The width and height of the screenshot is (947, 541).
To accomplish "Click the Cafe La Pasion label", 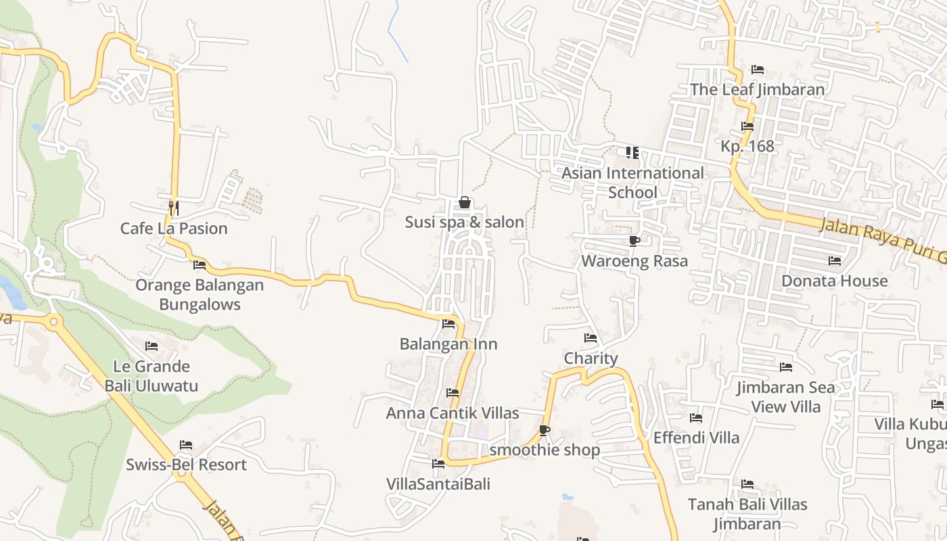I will pos(174,229).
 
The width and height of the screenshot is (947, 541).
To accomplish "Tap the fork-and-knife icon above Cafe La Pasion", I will pos(174,208).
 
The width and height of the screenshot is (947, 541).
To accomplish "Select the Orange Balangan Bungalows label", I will pos(200,294).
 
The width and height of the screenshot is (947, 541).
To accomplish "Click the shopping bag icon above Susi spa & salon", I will pos(465,202).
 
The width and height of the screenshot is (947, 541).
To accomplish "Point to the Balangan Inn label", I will pos(448,344).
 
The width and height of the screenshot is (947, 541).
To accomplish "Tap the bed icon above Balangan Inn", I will pos(448,324).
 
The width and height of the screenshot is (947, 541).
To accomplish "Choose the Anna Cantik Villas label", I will pos(453,413).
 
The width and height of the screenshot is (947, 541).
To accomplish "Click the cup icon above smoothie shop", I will pos(545,430).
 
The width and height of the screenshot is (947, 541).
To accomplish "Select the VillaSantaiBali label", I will pos(438,484).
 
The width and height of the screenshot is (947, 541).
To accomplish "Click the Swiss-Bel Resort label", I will pos(186,465).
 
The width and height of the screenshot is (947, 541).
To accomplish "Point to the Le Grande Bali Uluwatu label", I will pos(152,376).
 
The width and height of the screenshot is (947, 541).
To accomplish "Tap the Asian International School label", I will pos(632,183).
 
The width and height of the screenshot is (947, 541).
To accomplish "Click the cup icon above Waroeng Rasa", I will pos(634,241).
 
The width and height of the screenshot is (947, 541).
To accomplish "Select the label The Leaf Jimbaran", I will pos(757,90).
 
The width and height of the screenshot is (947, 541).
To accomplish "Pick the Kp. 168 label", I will pos(747,146).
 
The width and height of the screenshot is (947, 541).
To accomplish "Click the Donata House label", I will pos(835,281).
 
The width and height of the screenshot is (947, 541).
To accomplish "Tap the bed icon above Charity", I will pos(591,338).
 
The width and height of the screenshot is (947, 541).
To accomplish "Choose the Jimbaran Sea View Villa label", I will pos(786,397).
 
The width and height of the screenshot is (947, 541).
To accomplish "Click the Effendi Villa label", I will pos(696,438).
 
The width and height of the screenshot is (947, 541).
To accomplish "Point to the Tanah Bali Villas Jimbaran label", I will pos(747,514).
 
